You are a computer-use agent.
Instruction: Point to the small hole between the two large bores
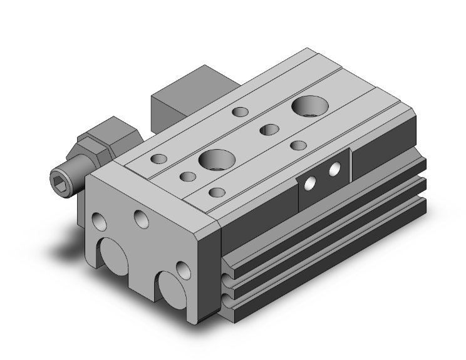(269, 130)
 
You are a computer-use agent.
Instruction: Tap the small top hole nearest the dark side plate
(298, 145)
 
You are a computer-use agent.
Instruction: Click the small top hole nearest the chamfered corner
(217, 192)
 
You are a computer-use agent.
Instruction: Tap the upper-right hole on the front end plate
(141, 219)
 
